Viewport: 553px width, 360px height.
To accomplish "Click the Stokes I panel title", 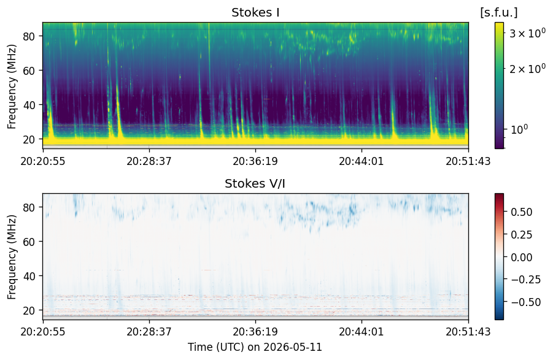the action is (x=255, y=13).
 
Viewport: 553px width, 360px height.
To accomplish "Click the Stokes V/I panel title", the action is (x=255, y=183).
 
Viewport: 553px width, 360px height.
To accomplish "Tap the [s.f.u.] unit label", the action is (x=499, y=13).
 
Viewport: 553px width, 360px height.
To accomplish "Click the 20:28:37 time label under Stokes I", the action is (x=149, y=161).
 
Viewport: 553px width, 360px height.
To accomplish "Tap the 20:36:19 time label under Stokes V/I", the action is (x=255, y=331).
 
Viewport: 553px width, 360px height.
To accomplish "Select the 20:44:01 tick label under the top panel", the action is (x=362, y=161).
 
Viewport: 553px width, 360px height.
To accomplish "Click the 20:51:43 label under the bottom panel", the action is (x=468, y=331).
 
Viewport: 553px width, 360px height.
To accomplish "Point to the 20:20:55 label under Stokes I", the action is (x=43, y=161).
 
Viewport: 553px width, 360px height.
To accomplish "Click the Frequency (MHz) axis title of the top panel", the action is (x=12, y=86).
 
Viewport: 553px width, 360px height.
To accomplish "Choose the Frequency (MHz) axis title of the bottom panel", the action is (x=12, y=257).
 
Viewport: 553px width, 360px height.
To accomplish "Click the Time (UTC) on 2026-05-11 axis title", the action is (x=255, y=347).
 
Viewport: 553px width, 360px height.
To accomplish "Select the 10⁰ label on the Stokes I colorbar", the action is (x=519, y=129).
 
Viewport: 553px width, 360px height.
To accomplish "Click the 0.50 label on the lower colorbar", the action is (x=522, y=212).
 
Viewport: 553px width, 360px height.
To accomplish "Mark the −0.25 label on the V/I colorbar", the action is (x=525, y=279).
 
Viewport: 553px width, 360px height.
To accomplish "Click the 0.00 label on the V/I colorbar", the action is (x=522, y=257).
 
